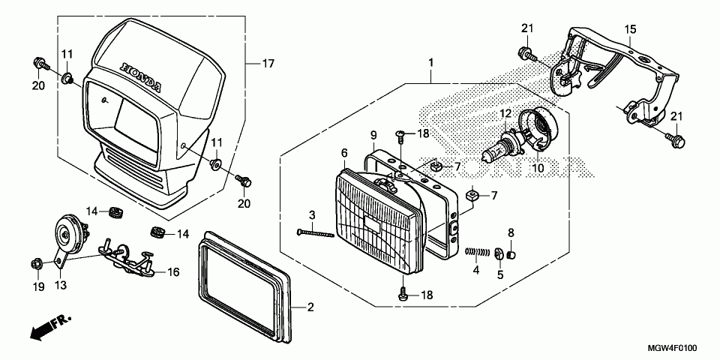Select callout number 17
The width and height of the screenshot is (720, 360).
[x=268, y=64]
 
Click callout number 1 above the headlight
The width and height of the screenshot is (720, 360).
[x=431, y=61]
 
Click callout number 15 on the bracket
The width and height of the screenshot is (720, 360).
[x=631, y=29]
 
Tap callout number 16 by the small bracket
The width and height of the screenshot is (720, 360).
[x=173, y=272]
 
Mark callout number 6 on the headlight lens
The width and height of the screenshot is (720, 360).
[x=344, y=153]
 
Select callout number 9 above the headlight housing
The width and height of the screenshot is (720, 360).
[x=373, y=135]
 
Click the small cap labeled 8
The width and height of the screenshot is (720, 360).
[x=511, y=253]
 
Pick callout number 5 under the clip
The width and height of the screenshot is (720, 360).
[x=499, y=274]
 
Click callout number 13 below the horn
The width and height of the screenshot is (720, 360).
[x=60, y=286]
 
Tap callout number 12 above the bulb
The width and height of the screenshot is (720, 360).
[x=505, y=113]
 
